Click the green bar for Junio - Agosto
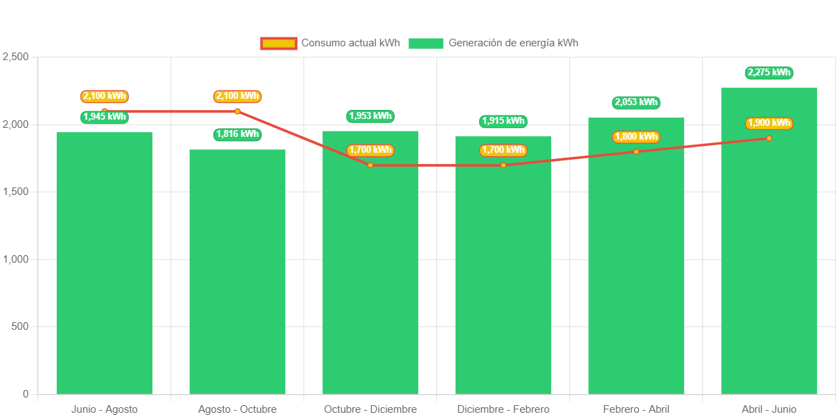104,263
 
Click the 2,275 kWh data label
769,73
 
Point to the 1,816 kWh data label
237,134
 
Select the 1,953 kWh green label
370,116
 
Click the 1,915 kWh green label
503,121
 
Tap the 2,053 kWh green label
636,102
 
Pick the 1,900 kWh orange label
769,123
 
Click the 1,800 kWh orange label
636,136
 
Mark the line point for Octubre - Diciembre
370,165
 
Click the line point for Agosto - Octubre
237,111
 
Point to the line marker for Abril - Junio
769,138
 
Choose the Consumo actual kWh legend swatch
278,43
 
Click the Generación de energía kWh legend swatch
425,43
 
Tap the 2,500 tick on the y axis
15,57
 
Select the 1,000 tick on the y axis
15,259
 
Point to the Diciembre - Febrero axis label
503,409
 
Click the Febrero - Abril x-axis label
636,409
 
